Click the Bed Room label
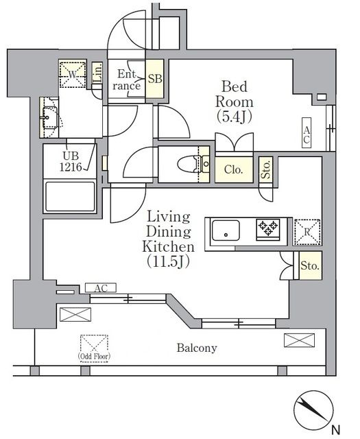point(235,102)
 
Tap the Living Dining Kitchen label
point(168,239)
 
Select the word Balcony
point(197,348)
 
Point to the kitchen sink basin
point(226,231)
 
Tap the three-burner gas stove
point(268,230)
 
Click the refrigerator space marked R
point(307,232)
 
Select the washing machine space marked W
point(73,75)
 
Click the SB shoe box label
point(155,79)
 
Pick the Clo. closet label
point(233,169)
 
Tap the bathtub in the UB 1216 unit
point(70,196)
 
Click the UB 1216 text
point(71,162)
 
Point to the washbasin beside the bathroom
point(49,117)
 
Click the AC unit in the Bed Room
point(307,132)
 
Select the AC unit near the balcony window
point(101,288)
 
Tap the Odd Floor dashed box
point(94,348)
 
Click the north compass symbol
point(313,410)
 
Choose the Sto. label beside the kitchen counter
point(310,265)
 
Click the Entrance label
point(127,80)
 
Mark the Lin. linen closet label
point(97,73)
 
